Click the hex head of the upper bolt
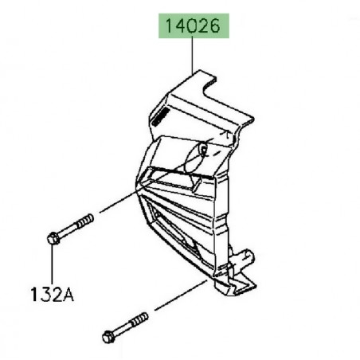[x=53, y=237]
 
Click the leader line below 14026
[x=193, y=56]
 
